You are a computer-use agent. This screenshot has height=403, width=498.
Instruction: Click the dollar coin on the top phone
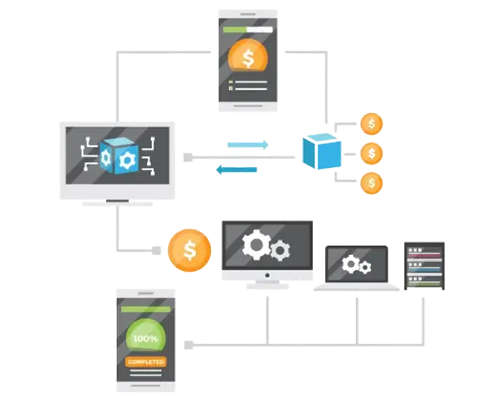(247, 58)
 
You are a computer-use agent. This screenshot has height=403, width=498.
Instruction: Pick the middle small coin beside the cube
(371, 153)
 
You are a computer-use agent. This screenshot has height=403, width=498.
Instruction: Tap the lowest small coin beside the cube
(371, 181)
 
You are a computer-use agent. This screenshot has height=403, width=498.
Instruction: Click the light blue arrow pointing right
(248, 145)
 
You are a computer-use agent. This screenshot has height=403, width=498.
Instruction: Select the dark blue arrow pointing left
(237, 170)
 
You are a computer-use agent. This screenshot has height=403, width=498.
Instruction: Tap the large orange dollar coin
(189, 250)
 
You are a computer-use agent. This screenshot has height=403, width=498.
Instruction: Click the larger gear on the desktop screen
(256, 244)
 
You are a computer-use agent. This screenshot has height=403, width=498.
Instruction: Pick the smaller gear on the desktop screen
(281, 248)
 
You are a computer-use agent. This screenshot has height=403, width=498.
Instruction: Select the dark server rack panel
(423, 265)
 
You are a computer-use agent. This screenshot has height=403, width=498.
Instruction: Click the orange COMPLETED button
(146, 361)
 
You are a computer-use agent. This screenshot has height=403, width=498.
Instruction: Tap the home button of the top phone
(247, 104)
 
